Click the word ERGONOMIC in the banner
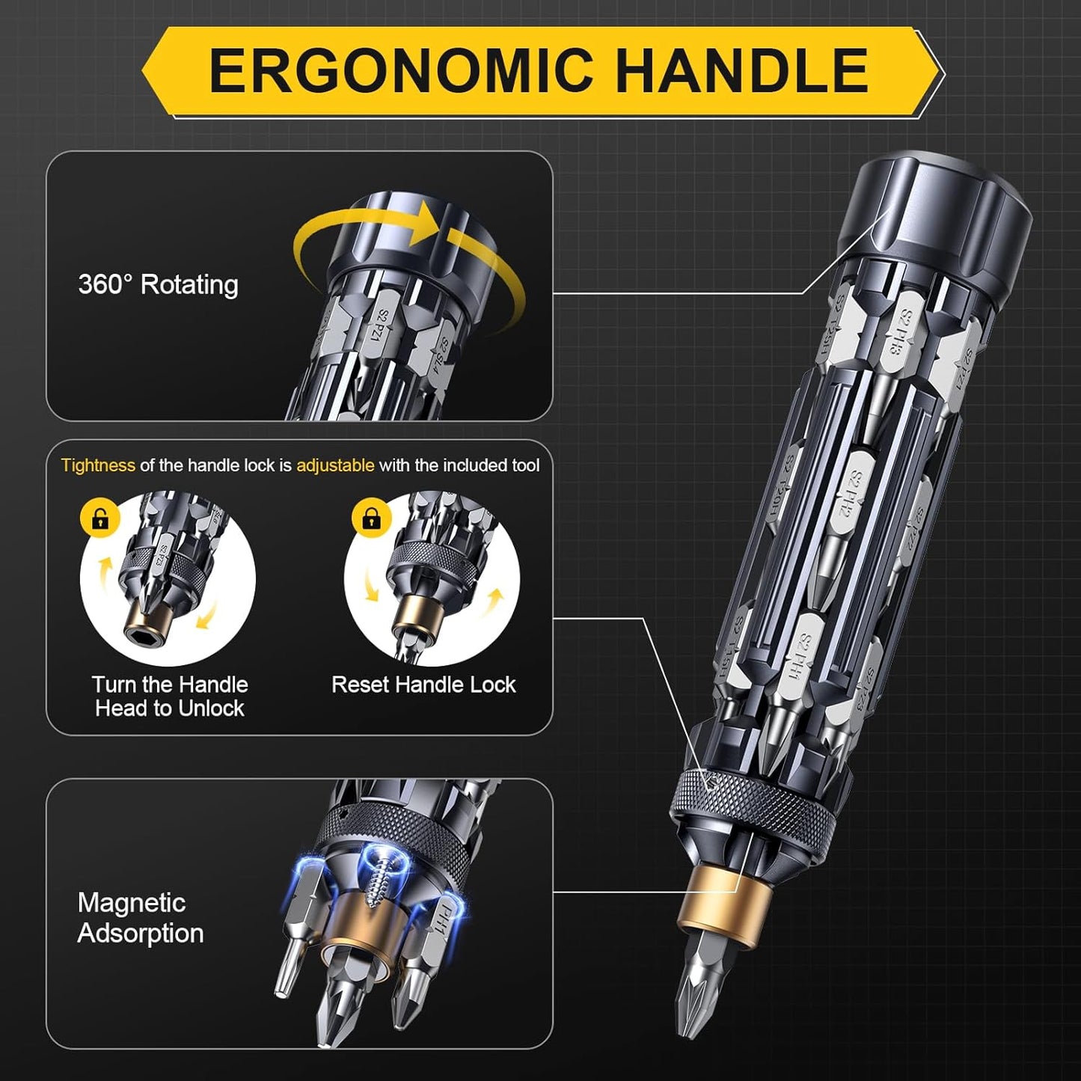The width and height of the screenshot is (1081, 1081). coord(402,70)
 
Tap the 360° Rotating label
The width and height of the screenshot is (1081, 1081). coord(158,285)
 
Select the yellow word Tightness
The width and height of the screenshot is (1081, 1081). coord(98,465)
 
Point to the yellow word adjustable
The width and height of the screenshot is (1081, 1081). coord(335,465)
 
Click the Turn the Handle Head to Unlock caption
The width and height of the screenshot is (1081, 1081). coord(170,696)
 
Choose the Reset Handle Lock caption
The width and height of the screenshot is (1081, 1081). coord(423,685)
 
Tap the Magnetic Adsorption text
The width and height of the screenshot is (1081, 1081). coord(140,918)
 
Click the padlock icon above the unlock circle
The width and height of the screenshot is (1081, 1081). coord(100,518)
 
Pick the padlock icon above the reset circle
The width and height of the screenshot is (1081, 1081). coord(371,518)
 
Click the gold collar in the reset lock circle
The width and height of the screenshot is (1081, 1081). coord(412,614)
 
